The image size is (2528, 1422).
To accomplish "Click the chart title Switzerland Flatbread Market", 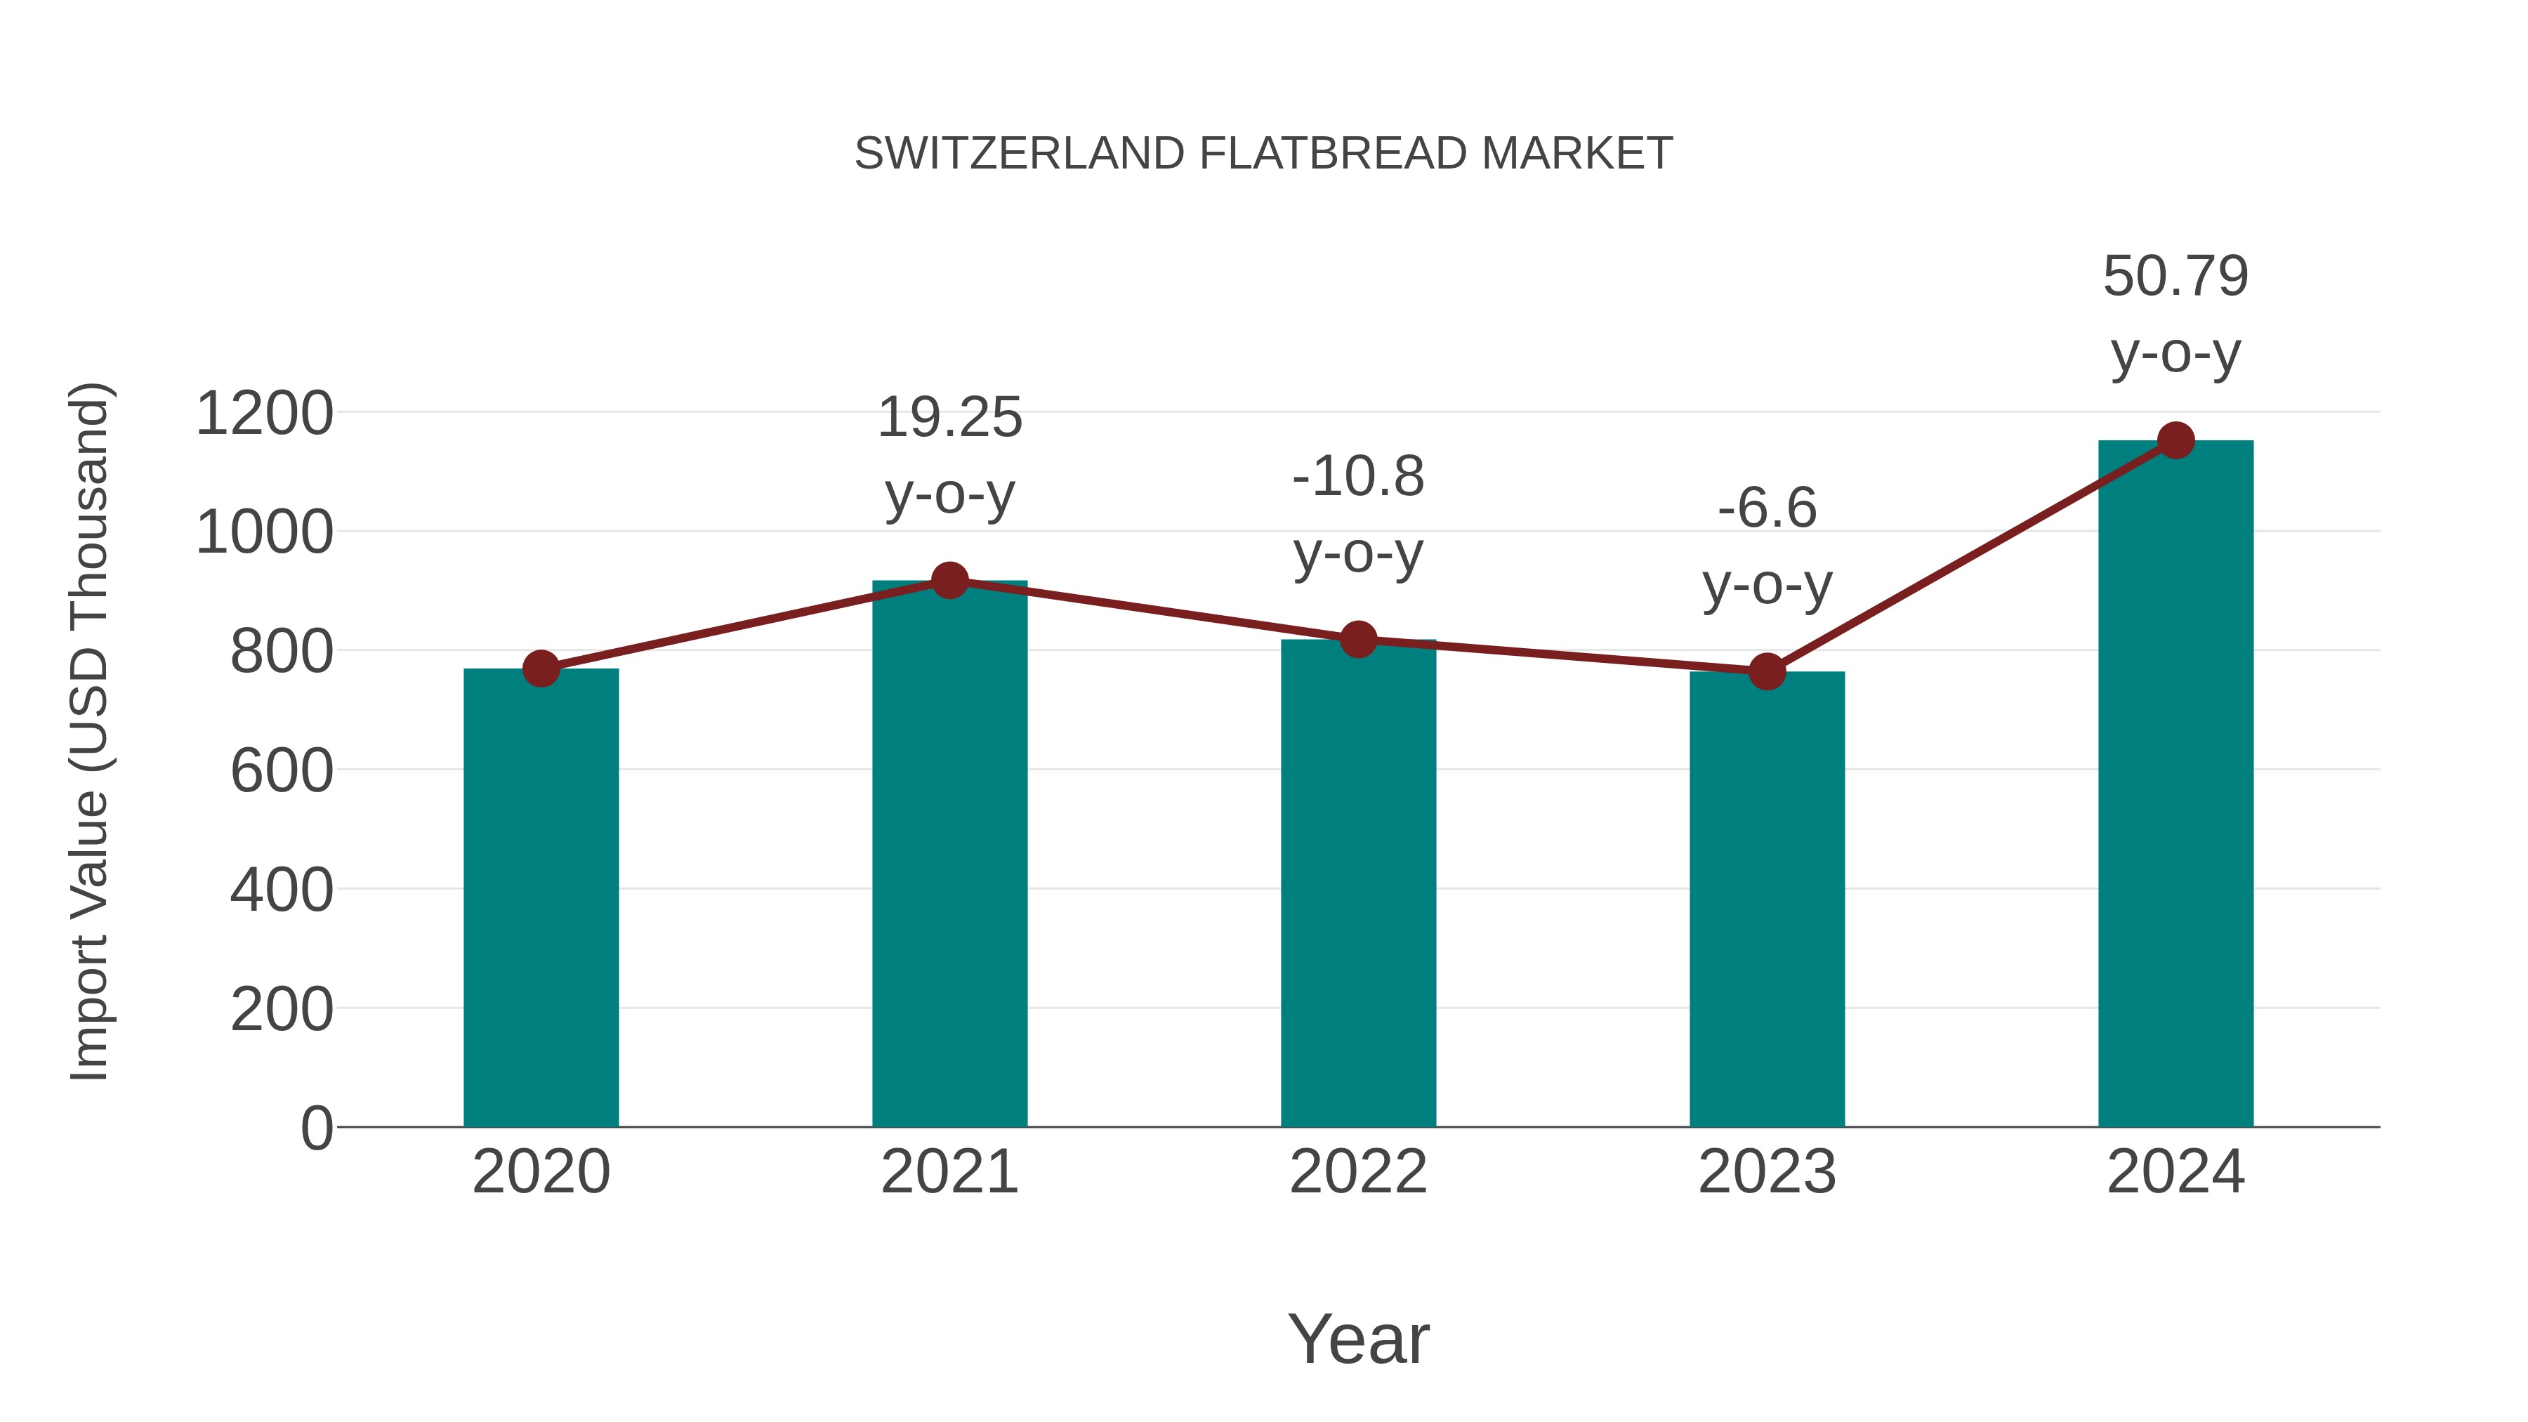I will (x=1263, y=154).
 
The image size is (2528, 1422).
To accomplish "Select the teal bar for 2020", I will (x=541, y=898).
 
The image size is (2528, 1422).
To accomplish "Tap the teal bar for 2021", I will (x=949, y=854).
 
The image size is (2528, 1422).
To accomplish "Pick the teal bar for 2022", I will (x=1358, y=883).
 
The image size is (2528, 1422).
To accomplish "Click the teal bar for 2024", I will (x=2175, y=785).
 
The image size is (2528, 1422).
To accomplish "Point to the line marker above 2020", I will (x=541, y=669).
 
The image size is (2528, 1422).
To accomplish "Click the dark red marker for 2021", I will (x=949, y=581).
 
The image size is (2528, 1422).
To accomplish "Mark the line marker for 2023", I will (x=1767, y=672).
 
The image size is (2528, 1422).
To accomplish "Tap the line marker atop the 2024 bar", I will (x=2175, y=440).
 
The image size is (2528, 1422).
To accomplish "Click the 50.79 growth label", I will (x=2175, y=277).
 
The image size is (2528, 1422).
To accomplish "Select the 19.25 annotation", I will (x=949, y=418).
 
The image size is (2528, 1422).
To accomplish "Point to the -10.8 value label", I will (x=1358, y=478).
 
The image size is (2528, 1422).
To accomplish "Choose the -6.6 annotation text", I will (x=1767, y=509).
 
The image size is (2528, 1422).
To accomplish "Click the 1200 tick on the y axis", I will (x=264, y=413).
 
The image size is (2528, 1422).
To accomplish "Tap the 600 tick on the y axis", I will (x=282, y=770).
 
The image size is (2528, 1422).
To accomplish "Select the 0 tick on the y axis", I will (x=316, y=1128).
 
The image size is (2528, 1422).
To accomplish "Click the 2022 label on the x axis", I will (x=1358, y=1172).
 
